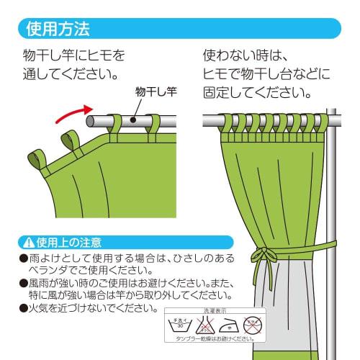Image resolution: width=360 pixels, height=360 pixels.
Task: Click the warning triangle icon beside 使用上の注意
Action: click(x=29, y=242)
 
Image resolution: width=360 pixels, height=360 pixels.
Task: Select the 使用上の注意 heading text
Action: click(x=68, y=242)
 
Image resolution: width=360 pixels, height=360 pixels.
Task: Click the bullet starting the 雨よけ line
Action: click(x=23, y=257)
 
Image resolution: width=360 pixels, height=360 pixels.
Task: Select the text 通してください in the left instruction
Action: click(x=71, y=73)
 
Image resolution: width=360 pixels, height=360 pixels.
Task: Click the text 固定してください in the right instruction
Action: click(x=252, y=93)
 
